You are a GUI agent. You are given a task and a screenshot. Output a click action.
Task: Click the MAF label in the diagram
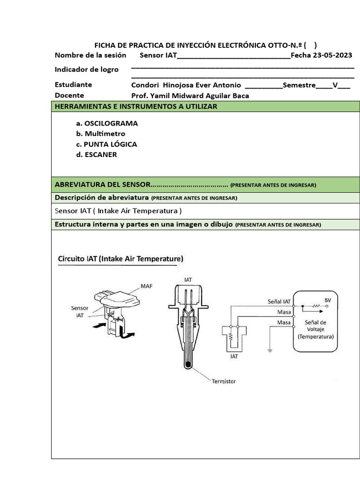[146, 285]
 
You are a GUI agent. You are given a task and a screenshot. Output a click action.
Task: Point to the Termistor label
[225, 382]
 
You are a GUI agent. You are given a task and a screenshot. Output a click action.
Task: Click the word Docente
[69, 96]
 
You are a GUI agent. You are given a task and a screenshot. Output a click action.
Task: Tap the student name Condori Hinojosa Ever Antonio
[186, 85]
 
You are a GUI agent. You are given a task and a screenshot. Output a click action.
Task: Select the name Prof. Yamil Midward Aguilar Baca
[190, 96]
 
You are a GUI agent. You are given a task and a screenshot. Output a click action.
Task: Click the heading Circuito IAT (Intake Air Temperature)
[120, 258]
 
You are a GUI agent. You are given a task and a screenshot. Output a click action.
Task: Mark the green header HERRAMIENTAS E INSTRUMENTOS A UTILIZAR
[136, 106]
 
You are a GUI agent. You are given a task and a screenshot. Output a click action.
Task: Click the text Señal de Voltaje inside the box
[315, 326]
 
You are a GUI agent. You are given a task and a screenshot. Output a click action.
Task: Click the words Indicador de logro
[86, 69]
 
